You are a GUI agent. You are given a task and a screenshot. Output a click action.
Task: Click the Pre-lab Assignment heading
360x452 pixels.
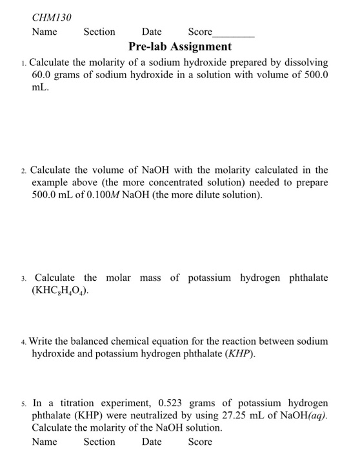180,46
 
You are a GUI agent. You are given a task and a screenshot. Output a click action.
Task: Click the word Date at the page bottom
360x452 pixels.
152,442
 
